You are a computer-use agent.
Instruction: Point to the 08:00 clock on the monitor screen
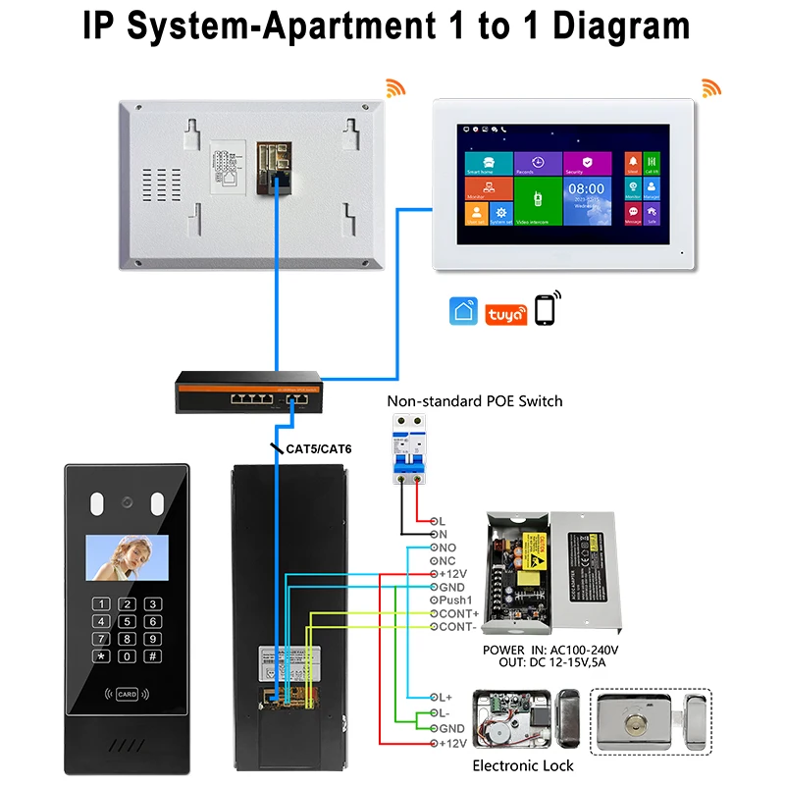tap(586, 187)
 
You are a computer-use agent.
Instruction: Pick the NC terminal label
tap(446, 560)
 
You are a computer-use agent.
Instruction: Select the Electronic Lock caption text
tap(523, 764)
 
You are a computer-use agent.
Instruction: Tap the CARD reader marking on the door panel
tap(126, 695)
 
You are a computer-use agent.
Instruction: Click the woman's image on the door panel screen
tap(126, 556)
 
